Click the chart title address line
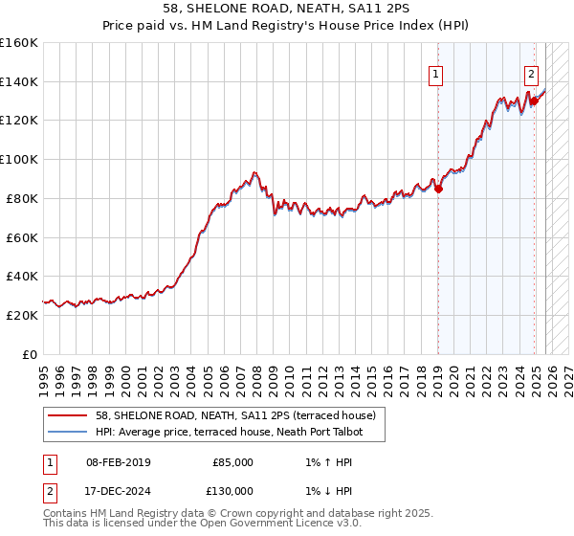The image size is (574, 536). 287,9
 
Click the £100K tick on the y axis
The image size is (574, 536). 19,159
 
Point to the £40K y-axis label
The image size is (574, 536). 22,276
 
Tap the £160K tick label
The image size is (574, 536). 19,43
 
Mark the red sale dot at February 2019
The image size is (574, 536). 439,189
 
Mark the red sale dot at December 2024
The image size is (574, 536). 534,100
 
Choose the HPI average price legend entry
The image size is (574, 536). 239,432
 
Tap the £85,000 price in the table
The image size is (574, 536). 232,462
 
